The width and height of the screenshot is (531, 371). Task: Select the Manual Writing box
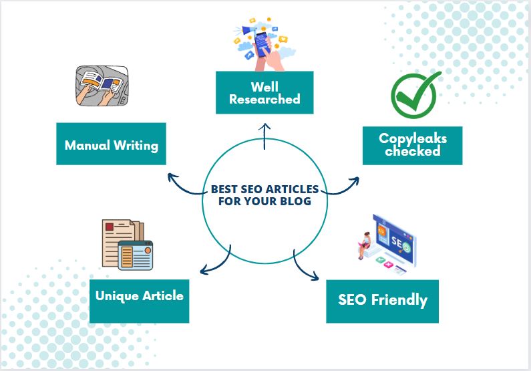(x=111, y=144)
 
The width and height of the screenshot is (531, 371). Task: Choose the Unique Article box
(x=139, y=295)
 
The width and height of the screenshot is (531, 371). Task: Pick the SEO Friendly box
(x=382, y=300)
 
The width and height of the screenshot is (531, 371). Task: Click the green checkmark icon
(x=412, y=94)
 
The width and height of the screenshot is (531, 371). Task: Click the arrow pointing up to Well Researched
(x=264, y=137)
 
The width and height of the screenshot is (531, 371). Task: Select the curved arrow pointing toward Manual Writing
(x=184, y=183)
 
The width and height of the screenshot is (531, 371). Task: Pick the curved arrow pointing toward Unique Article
(x=215, y=262)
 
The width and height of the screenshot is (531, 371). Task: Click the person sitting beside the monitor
(x=366, y=245)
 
